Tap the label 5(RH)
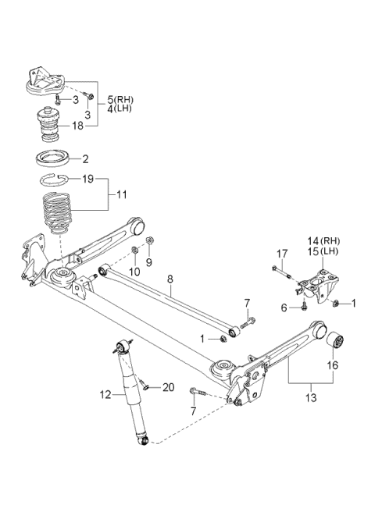click(x=121, y=99)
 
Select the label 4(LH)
click(x=121, y=109)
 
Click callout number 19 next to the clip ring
click(x=88, y=179)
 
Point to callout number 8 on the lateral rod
click(x=169, y=276)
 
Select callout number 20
click(x=167, y=386)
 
